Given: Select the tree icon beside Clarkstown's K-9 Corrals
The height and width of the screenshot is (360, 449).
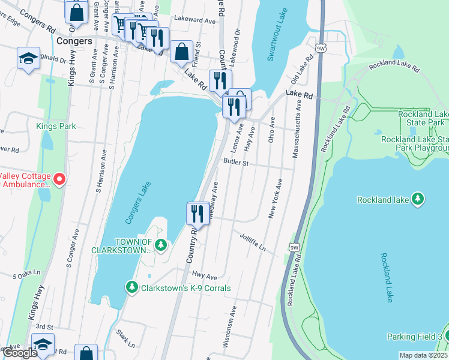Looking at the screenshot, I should tap(132, 287).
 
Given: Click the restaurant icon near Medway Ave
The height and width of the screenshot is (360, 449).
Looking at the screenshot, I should tap(196, 212).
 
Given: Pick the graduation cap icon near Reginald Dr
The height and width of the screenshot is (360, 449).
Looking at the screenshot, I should tap(28, 58).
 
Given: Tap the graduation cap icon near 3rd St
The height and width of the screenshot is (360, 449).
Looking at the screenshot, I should tap(43, 344).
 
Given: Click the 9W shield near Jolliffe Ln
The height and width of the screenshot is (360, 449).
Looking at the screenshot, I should tap(294, 247).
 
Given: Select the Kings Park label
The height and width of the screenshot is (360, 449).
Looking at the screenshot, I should tap(55, 126).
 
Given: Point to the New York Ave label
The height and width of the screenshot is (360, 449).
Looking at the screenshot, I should tap(275, 197).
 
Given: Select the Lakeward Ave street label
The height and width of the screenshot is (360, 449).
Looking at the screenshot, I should tap(193, 20).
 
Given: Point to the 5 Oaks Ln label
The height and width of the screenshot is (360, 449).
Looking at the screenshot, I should tap(26, 274).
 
